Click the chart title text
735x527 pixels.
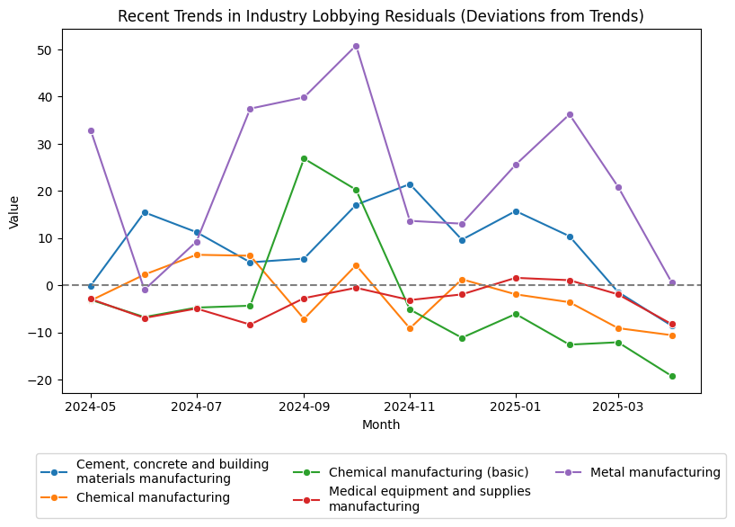tap(381, 16)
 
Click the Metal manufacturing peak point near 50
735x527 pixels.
tap(356, 46)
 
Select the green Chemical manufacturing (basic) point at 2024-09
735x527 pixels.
tap(304, 158)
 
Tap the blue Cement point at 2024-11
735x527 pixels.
tap(410, 184)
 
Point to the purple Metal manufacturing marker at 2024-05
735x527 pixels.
tap(91, 130)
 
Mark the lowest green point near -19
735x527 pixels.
tap(672, 376)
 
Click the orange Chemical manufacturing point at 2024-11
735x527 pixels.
tap(410, 328)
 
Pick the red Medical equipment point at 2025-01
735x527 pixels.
tap(516, 278)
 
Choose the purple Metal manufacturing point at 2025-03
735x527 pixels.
tap(618, 187)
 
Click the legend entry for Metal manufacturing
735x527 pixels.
tap(655, 472)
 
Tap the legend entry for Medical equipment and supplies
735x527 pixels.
tap(429, 498)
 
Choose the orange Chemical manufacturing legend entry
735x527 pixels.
tap(153, 497)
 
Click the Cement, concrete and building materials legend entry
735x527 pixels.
tap(172, 471)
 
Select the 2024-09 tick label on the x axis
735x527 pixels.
tap(304, 406)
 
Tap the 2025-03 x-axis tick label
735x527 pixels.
tap(618, 406)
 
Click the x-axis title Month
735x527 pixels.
tap(381, 424)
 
